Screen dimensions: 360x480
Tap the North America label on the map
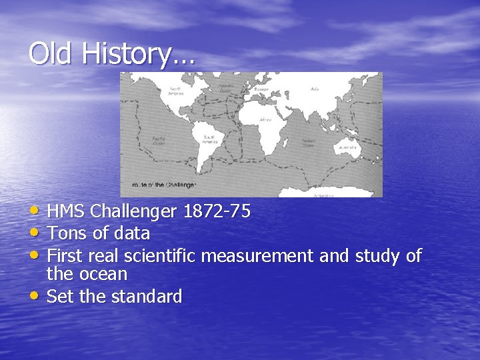click(176, 91)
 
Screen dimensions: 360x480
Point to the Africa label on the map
click(265, 120)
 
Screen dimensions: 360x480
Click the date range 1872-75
click(217, 212)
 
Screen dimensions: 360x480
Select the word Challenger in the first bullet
click(133, 212)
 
